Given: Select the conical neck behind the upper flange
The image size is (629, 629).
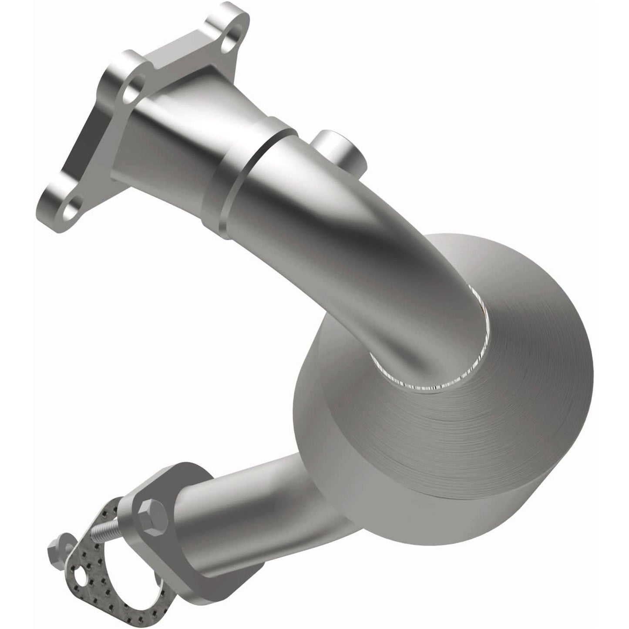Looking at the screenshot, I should pos(183,131).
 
